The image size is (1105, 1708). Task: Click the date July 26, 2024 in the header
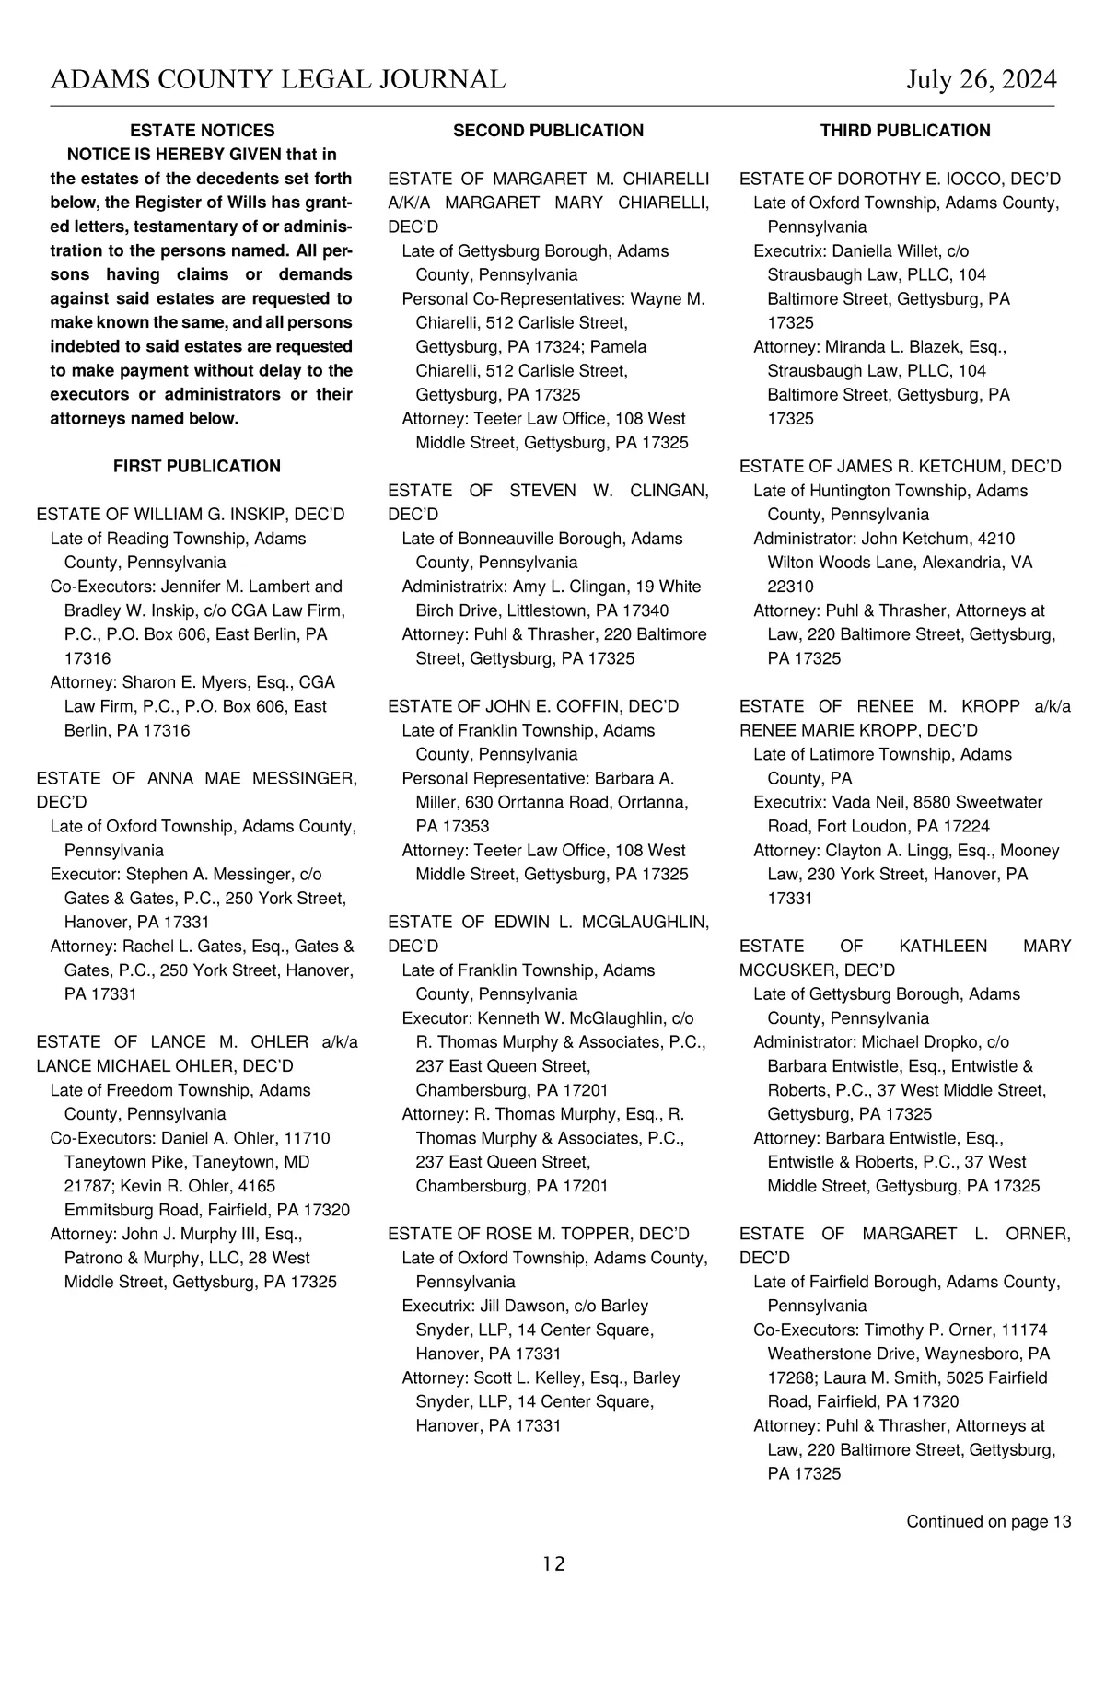coord(981,80)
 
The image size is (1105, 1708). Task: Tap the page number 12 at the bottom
coord(553,1563)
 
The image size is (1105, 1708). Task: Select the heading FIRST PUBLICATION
coord(197,466)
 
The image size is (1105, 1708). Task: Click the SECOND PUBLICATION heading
coord(548,131)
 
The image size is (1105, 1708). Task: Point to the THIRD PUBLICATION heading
coord(905,131)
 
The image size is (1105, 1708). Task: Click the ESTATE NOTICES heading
coord(203,131)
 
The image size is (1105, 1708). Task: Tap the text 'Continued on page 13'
coord(988,1521)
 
